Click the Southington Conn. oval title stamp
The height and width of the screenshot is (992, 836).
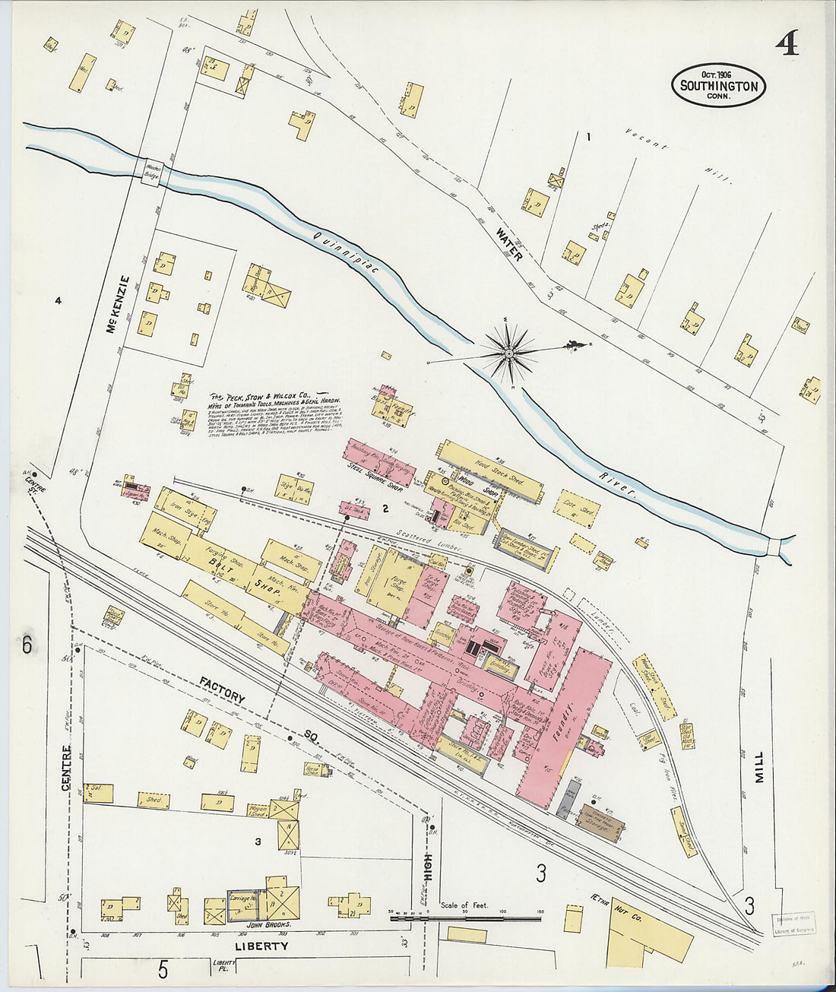718,85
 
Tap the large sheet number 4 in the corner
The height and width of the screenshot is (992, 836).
787,46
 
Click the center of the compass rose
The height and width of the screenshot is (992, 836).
508,352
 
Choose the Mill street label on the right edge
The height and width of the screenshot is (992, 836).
759,767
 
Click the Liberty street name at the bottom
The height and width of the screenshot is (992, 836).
261,946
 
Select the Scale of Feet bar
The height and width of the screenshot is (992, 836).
465,918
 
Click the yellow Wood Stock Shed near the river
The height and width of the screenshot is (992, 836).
490,469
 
